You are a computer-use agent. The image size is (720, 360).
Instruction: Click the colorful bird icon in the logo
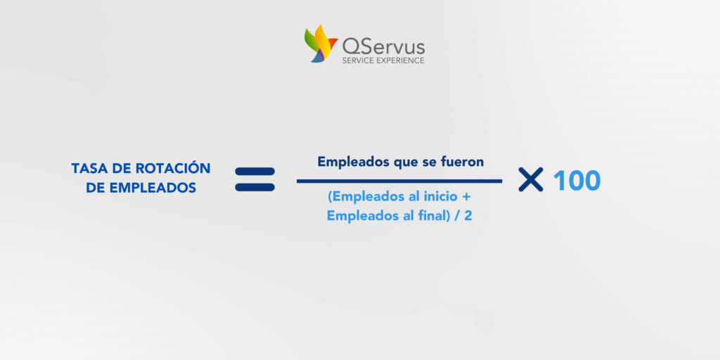(321, 44)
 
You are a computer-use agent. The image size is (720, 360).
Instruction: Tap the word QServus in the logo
(383, 47)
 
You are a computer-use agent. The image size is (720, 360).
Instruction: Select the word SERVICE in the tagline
(359, 60)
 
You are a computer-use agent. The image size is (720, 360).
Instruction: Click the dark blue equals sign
(255, 179)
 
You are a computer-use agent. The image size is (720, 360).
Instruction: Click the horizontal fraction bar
(399, 181)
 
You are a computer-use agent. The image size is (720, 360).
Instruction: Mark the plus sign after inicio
(465, 198)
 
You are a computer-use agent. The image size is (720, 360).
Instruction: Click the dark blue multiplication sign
(531, 179)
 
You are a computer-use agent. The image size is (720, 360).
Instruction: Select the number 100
(577, 181)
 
